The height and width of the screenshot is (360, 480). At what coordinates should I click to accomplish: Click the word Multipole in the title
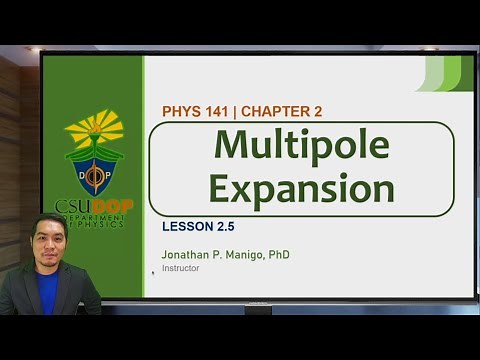point(301,146)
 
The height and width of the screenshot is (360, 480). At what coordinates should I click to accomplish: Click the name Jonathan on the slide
point(187,255)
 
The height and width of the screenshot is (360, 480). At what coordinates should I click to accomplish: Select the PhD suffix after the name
point(279,255)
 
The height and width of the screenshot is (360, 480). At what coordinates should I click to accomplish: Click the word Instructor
point(181,268)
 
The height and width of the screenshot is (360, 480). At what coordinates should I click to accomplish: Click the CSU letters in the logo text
point(72,207)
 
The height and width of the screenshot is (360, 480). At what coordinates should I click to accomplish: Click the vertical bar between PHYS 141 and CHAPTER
point(234,111)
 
